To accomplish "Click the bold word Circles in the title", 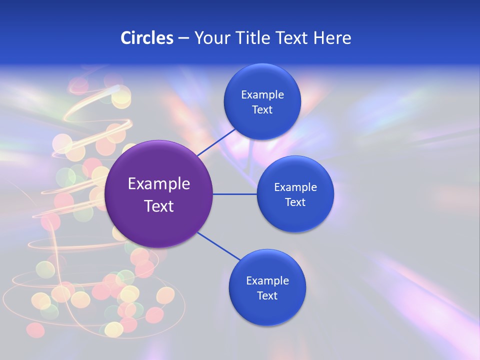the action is pos(147,38).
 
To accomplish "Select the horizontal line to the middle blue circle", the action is pos(235,194).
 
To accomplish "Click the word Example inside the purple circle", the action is pos(159,184).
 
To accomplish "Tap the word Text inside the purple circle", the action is pos(159,206).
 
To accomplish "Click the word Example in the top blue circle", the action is pos(262,95).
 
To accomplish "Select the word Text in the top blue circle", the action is pos(262,110).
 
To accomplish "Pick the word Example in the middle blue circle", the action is pos(295,187).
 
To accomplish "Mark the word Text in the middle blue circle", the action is pos(295,202).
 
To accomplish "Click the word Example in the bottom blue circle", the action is pos(267,281).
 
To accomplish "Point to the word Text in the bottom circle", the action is pos(267,296).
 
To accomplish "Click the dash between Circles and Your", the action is pos(183,38).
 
